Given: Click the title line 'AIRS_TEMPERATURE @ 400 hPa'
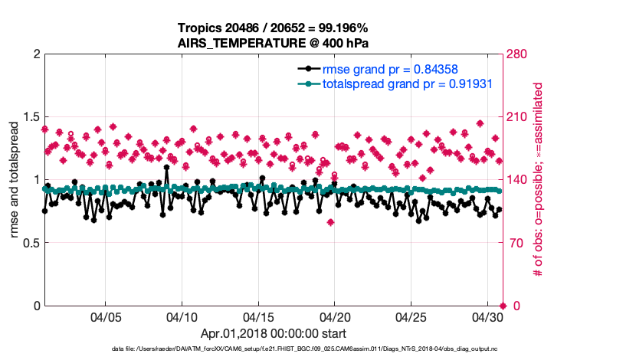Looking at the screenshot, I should [x=274, y=43].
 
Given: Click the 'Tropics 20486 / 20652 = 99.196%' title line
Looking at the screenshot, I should [x=274, y=28].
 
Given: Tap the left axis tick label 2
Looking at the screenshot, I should [x=36, y=54].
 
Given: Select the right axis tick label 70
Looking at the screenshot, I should [x=517, y=243].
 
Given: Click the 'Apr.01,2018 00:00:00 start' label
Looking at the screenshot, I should [x=274, y=334].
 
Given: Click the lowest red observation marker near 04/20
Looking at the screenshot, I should [x=330, y=222].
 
